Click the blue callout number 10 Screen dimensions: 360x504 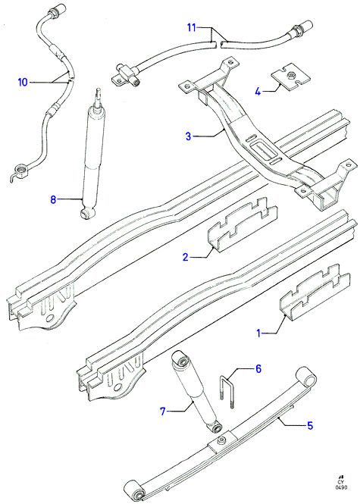[23, 83]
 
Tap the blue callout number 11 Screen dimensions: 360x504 [192, 27]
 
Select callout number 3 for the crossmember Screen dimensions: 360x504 [189, 136]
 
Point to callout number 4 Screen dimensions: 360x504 [258, 92]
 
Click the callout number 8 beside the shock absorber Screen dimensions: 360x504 [53, 199]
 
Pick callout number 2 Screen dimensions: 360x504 [186, 257]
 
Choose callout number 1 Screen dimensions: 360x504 [258, 333]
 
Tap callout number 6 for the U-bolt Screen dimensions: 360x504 [258, 368]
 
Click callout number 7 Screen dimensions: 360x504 [163, 411]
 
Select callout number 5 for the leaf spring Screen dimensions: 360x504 [310, 426]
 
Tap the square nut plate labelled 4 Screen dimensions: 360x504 [291, 77]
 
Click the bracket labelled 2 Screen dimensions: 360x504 [243, 225]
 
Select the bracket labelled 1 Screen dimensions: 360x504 [315, 293]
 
